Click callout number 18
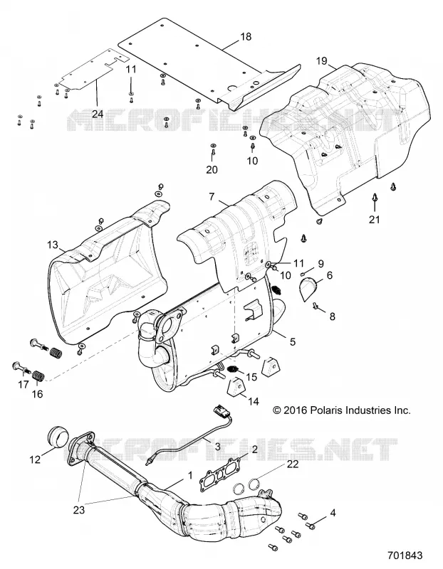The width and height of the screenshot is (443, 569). (246, 37)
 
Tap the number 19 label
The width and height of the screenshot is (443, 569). (322, 60)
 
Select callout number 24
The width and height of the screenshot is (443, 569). (98, 114)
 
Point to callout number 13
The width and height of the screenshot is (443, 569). (53, 245)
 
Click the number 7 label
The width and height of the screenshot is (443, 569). (212, 197)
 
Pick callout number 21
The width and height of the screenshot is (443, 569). (375, 219)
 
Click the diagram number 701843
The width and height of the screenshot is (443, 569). (405, 555)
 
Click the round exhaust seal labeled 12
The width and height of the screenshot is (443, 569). (58, 436)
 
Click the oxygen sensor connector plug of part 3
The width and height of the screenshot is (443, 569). (221, 412)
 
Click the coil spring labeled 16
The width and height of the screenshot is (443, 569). (38, 376)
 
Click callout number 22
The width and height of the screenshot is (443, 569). (293, 464)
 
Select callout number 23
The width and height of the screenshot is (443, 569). (78, 510)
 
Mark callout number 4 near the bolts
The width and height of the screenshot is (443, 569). (333, 513)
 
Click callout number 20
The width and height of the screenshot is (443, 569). (212, 169)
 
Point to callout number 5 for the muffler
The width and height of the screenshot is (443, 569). (293, 341)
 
